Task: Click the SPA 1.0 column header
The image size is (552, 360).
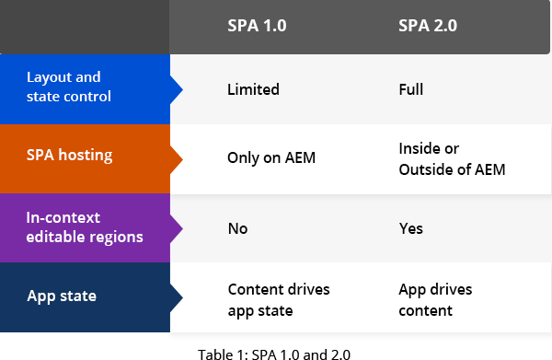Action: coord(257,27)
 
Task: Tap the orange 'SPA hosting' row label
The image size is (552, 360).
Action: coord(70,156)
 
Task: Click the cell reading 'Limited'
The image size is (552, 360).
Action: coord(253,89)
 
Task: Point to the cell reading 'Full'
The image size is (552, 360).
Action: coord(412,89)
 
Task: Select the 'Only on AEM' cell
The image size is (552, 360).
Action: coord(271,157)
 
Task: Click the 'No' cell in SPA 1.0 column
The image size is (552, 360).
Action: coord(237,228)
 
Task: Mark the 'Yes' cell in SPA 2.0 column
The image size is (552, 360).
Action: coord(410,228)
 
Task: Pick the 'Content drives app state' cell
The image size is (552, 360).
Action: coord(278,299)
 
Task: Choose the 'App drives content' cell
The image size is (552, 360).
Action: coord(435,299)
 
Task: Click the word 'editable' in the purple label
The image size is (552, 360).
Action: coord(53,237)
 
